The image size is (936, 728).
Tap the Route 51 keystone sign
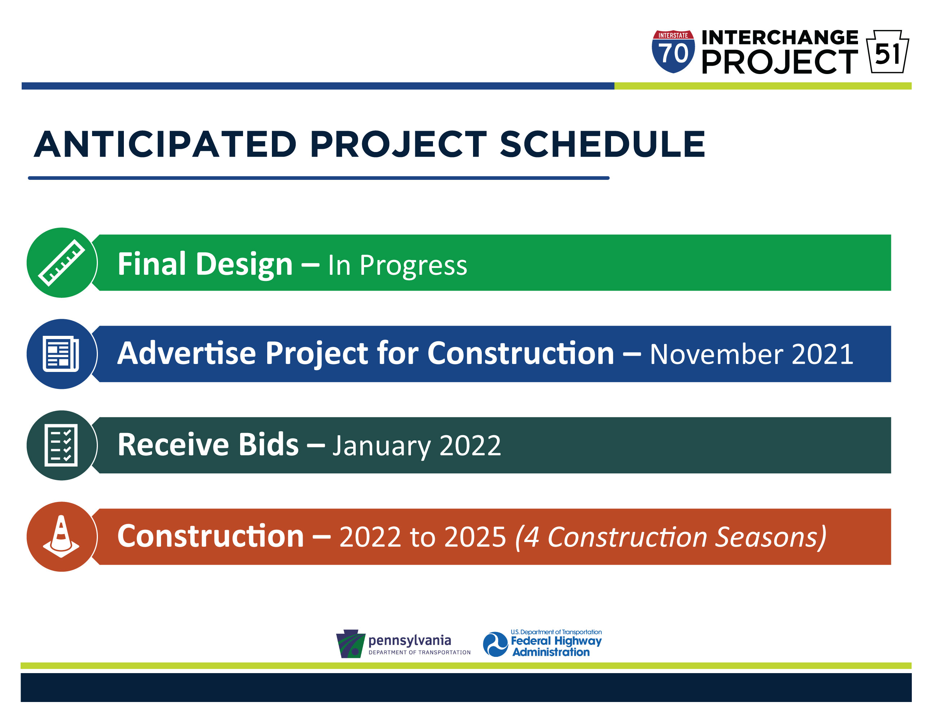pos(887,51)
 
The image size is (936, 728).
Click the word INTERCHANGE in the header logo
pos(780,37)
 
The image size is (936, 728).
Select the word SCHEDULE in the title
pos(603,144)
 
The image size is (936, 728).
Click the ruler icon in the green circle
pos(62,263)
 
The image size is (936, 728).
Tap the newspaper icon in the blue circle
pos(61,354)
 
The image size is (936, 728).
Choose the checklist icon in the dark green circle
pos(61,445)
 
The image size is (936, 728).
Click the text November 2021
pos(751,354)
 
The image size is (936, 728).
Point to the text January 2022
pos(417,446)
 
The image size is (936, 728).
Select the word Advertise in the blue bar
pos(187,354)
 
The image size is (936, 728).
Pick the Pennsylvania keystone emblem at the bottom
pos(351,643)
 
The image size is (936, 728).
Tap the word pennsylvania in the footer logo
pos(410,641)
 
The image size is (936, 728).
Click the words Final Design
pos(205,264)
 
